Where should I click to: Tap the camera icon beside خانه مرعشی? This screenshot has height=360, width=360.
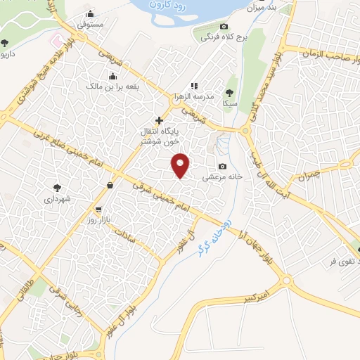click(x=223, y=167)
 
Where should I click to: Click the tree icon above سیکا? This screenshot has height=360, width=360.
click(x=230, y=92)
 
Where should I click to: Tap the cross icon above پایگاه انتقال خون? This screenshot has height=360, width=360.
click(x=160, y=120)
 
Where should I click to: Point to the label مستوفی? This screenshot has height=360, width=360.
click(x=90, y=24)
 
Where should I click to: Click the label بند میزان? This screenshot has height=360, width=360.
click(x=255, y=8)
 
